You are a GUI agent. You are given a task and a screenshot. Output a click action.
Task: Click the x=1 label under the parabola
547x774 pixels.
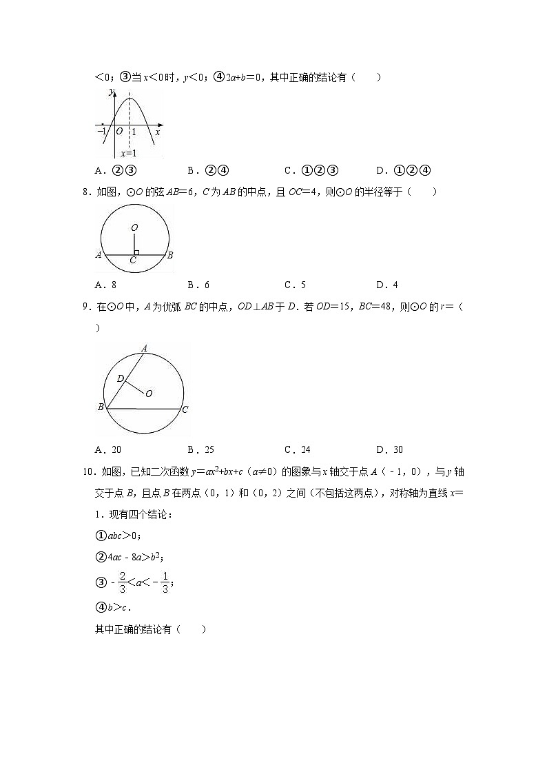[x=128, y=153]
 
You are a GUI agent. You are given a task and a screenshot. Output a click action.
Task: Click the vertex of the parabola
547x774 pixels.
[x=129, y=99]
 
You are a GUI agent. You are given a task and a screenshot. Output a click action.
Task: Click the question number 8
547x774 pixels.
[x=85, y=192]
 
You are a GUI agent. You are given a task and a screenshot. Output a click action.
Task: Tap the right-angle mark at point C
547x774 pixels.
[x=136, y=252]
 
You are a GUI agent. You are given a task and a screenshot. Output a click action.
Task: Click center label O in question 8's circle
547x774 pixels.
[x=134, y=227]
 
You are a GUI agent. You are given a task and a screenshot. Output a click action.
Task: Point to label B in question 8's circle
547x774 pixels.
[x=169, y=255]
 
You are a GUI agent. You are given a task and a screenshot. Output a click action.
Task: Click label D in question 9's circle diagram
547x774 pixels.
[x=120, y=378]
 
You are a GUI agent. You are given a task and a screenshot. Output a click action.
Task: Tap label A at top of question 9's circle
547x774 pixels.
[x=144, y=348]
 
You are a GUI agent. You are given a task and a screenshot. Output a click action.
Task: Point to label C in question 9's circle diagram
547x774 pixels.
[x=185, y=409]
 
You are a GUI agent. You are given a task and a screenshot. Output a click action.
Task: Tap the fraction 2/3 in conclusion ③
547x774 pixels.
[x=122, y=582]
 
